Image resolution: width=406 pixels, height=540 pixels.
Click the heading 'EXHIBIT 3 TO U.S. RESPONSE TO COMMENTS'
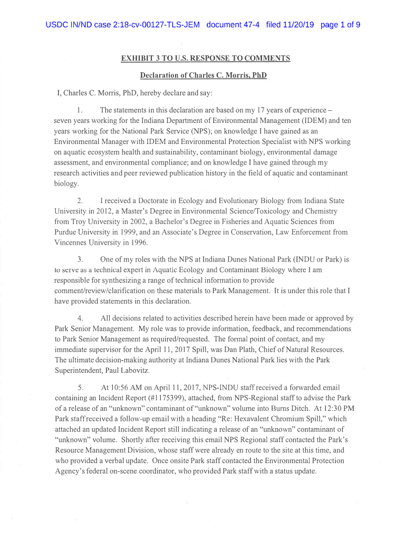click(206, 59)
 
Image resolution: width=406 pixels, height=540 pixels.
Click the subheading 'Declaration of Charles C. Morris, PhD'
click(203, 75)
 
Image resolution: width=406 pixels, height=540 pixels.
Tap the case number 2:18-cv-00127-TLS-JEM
click(149, 25)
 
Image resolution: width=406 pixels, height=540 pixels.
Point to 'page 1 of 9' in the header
click(341, 25)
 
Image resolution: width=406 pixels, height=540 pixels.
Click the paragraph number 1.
click(79, 110)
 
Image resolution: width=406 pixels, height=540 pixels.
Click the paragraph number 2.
click(80, 201)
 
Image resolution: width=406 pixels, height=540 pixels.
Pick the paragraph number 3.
click(80, 259)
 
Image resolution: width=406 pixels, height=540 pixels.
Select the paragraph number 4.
click(80, 319)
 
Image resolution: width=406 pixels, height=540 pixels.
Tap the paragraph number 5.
click(80, 388)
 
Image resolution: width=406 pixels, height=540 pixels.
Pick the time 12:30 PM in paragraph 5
click(337, 408)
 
